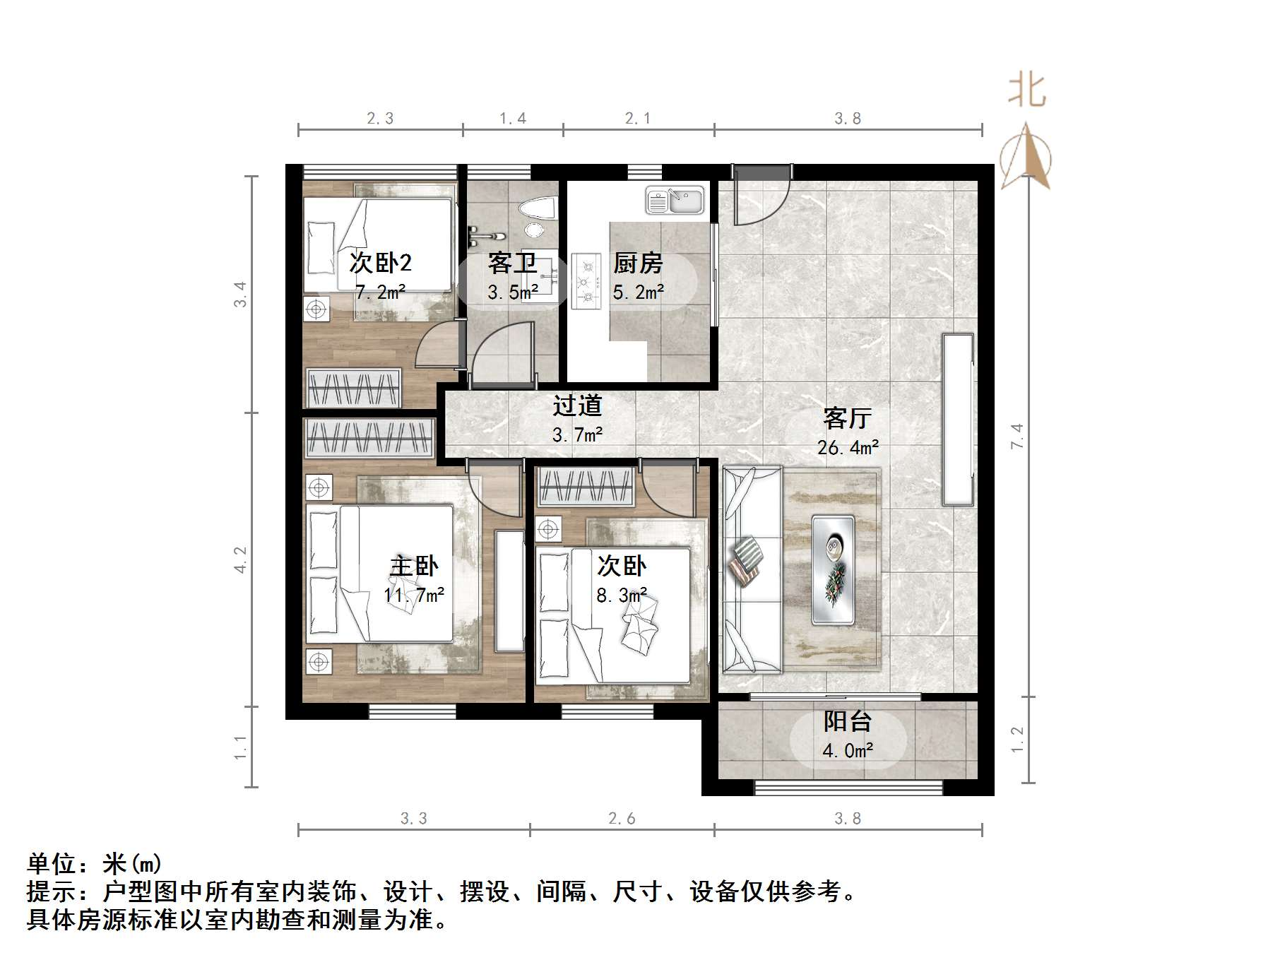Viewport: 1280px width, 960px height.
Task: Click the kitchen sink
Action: [x=675, y=200]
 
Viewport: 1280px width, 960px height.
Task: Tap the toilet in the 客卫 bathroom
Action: [x=538, y=208]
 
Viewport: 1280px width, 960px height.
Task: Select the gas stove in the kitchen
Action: [x=586, y=282]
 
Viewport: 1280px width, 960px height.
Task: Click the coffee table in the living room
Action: [x=833, y=569]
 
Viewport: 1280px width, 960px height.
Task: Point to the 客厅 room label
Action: [x=847, y=418]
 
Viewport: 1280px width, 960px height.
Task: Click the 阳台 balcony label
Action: [x=847, y=721]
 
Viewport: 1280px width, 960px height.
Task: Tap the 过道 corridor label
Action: [x=577, y=405]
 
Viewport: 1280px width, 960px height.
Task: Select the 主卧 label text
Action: [x=415, y=566]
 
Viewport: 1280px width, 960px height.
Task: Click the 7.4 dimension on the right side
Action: [x=1017, y=436]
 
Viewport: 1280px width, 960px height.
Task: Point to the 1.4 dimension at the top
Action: [x=513, y=119]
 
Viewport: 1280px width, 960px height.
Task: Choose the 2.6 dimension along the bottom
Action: [x=622, y=819]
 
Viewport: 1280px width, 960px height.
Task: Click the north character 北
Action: [x=1026, y=92]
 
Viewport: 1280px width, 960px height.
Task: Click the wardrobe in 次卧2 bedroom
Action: [x=352, y=388]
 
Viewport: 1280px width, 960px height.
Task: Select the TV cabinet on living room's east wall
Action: [x=958, y=420]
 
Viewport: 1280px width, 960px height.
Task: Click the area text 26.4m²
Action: [x=848, y=447]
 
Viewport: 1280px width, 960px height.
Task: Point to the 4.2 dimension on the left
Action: [x=241, y=559]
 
